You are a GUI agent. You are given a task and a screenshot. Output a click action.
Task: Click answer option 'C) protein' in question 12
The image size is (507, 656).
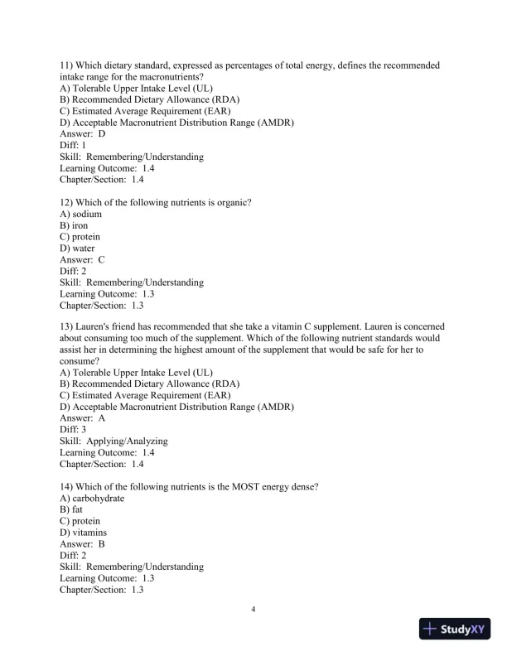click(83, 236)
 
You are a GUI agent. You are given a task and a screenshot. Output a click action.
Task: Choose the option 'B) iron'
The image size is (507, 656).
click(74, 224)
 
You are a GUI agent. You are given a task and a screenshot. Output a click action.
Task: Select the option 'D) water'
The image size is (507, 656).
click(78, 248)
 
